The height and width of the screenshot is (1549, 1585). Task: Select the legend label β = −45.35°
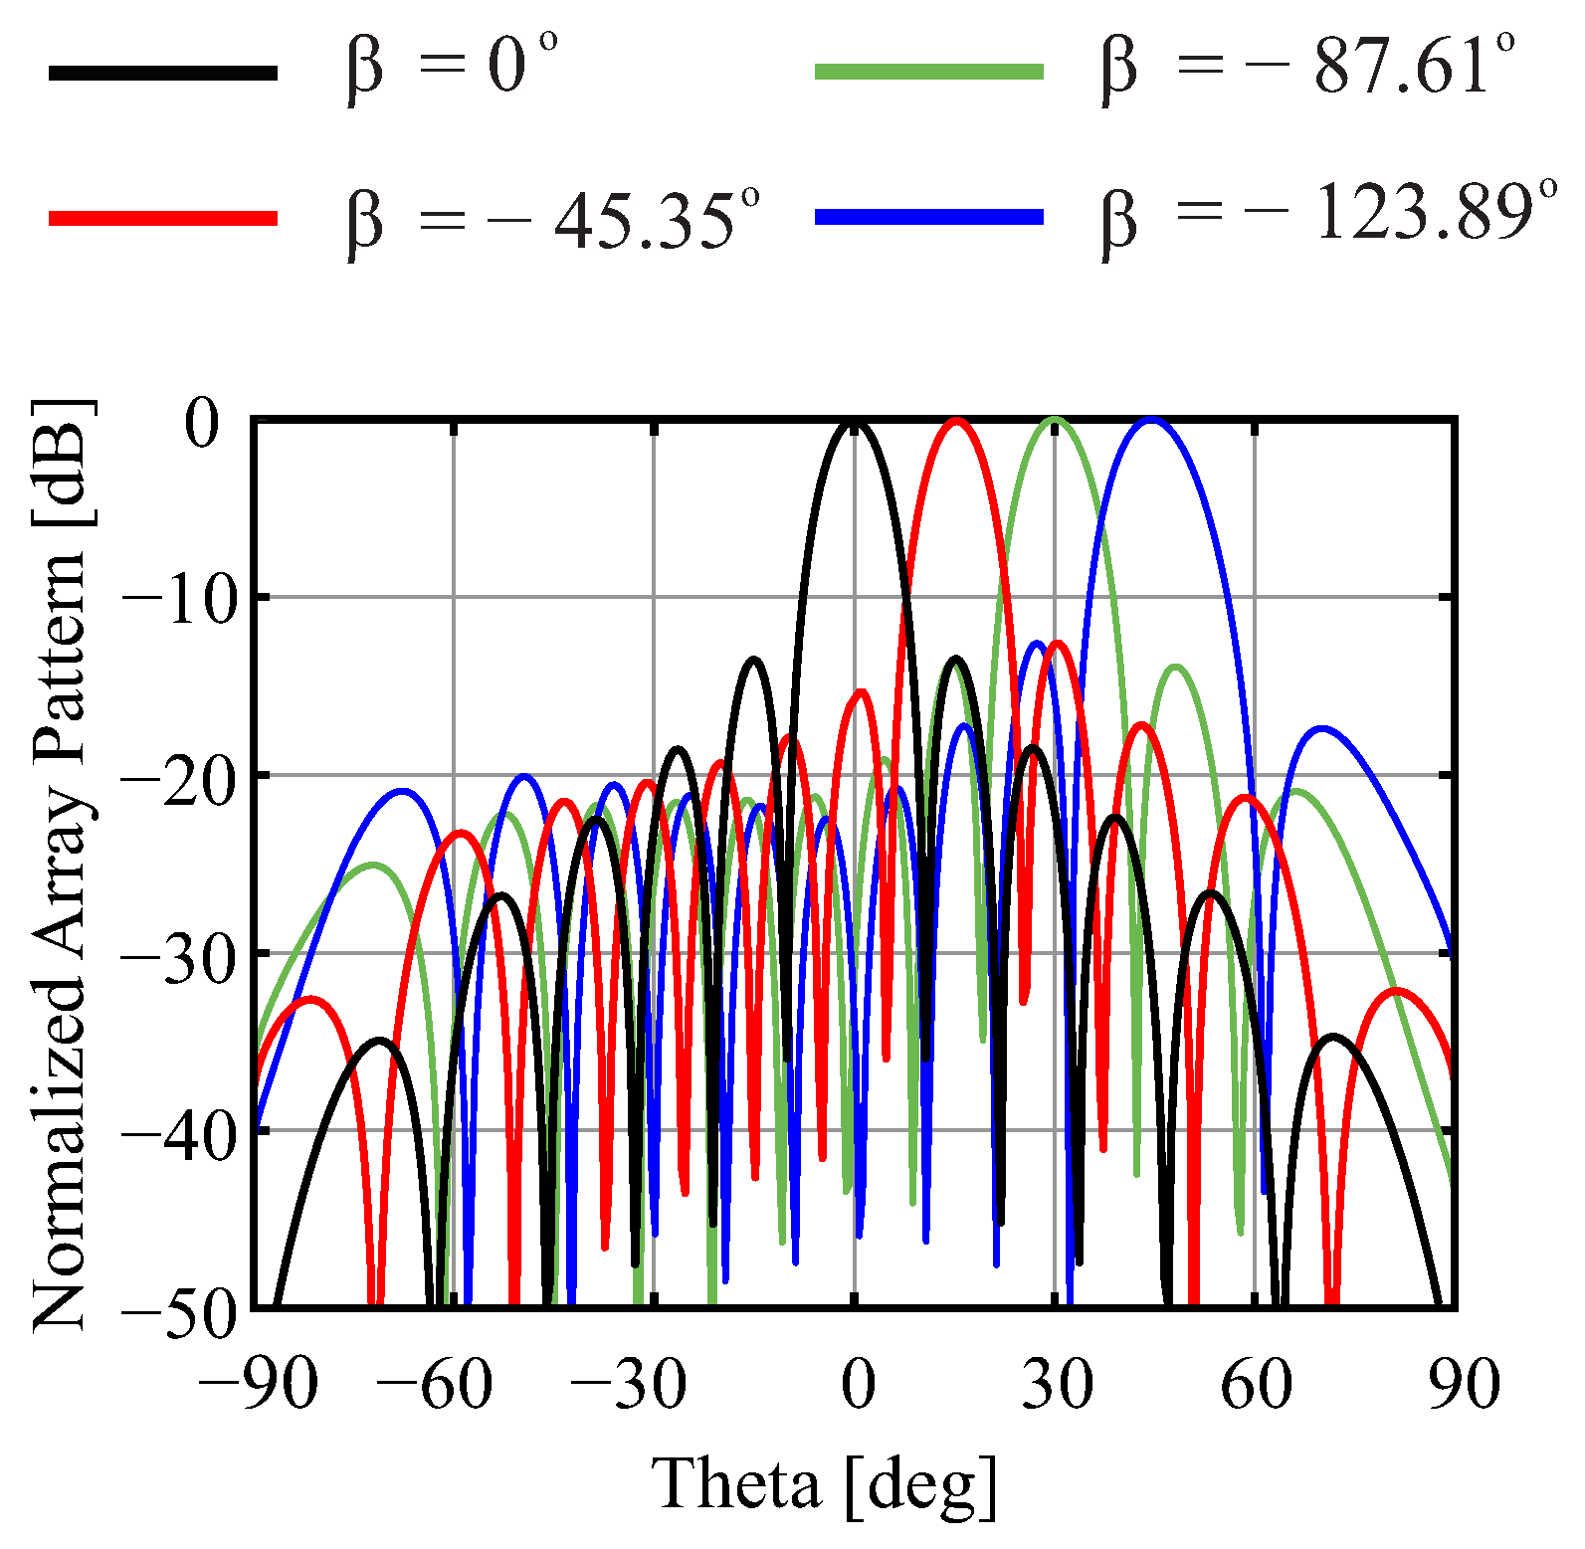553,218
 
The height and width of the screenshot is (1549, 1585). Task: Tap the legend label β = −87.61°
1309,69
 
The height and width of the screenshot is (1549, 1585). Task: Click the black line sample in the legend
163,72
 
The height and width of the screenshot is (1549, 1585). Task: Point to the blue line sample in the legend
929,216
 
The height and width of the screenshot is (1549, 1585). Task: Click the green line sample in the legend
929,71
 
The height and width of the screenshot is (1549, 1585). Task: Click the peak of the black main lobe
855,424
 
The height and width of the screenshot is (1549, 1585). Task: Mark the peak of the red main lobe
957,422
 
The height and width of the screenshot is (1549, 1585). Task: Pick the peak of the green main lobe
1056,421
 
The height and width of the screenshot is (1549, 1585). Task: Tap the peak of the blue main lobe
1151,421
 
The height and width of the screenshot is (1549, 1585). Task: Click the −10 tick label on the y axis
170,600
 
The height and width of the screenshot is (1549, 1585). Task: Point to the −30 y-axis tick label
170,956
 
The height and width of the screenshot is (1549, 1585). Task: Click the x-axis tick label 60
1256,1384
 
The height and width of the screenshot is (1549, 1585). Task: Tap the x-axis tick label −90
258,1384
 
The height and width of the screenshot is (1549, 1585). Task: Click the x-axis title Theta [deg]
825,1483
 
